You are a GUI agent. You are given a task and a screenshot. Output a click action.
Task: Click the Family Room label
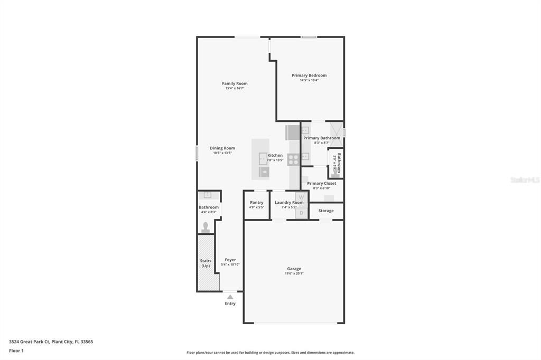point(235,83)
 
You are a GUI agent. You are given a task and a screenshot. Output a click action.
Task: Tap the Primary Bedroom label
point(309,75)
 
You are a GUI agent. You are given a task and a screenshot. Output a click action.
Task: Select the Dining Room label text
point(222,148)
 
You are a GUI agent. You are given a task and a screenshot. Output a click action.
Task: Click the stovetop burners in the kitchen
point(293,159)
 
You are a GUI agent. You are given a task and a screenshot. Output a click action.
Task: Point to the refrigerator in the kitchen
point(293,132)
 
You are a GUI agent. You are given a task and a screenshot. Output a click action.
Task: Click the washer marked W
point(301,197)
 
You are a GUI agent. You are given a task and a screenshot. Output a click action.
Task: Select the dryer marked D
point(301,213)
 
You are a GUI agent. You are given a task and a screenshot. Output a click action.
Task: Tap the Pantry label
point(256,203)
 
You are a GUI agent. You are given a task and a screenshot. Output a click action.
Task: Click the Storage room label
point(326,211)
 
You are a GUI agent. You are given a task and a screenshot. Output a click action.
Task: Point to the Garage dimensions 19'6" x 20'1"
point(294,273)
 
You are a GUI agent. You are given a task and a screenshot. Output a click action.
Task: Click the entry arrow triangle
point(230,297)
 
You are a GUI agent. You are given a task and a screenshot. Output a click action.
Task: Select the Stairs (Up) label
point(206,263)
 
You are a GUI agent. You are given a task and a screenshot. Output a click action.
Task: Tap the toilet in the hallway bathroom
point(206,228)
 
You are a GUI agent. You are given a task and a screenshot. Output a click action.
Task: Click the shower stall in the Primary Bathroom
point(336,130)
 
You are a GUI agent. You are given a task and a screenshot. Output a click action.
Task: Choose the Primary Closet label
point(322,184)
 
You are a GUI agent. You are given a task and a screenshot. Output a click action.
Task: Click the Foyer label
point(230,260)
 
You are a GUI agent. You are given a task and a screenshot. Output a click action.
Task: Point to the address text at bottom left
point(51,342)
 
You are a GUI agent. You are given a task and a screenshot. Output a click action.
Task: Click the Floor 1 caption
point(16,350)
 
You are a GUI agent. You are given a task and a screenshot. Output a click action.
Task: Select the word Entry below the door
point(230,304)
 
